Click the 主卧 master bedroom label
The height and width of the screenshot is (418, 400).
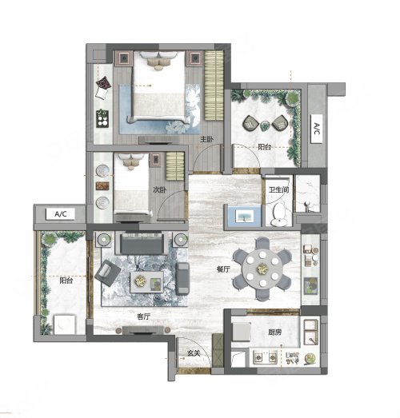207,139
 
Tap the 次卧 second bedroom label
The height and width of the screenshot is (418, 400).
160,189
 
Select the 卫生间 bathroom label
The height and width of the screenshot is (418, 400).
278,189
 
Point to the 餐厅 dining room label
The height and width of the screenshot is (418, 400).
223,269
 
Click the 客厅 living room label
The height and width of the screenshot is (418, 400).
143,316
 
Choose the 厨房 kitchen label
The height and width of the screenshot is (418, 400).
275,332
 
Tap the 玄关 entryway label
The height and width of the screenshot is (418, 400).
194,353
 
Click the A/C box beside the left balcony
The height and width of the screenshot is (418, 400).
60,214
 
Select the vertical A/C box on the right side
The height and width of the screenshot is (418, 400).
317,129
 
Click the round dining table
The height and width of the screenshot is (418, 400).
262,269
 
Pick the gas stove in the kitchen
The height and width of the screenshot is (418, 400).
265,357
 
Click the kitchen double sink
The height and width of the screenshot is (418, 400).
311,332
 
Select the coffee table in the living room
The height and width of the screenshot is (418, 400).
146,282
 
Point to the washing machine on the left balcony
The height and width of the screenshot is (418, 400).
65,324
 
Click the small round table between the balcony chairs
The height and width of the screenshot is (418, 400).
265,125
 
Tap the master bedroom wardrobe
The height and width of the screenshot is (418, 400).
214,86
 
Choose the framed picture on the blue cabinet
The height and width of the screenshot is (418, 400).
245,216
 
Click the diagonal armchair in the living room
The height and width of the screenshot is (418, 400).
107,273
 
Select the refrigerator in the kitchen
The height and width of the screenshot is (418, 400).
242,332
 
